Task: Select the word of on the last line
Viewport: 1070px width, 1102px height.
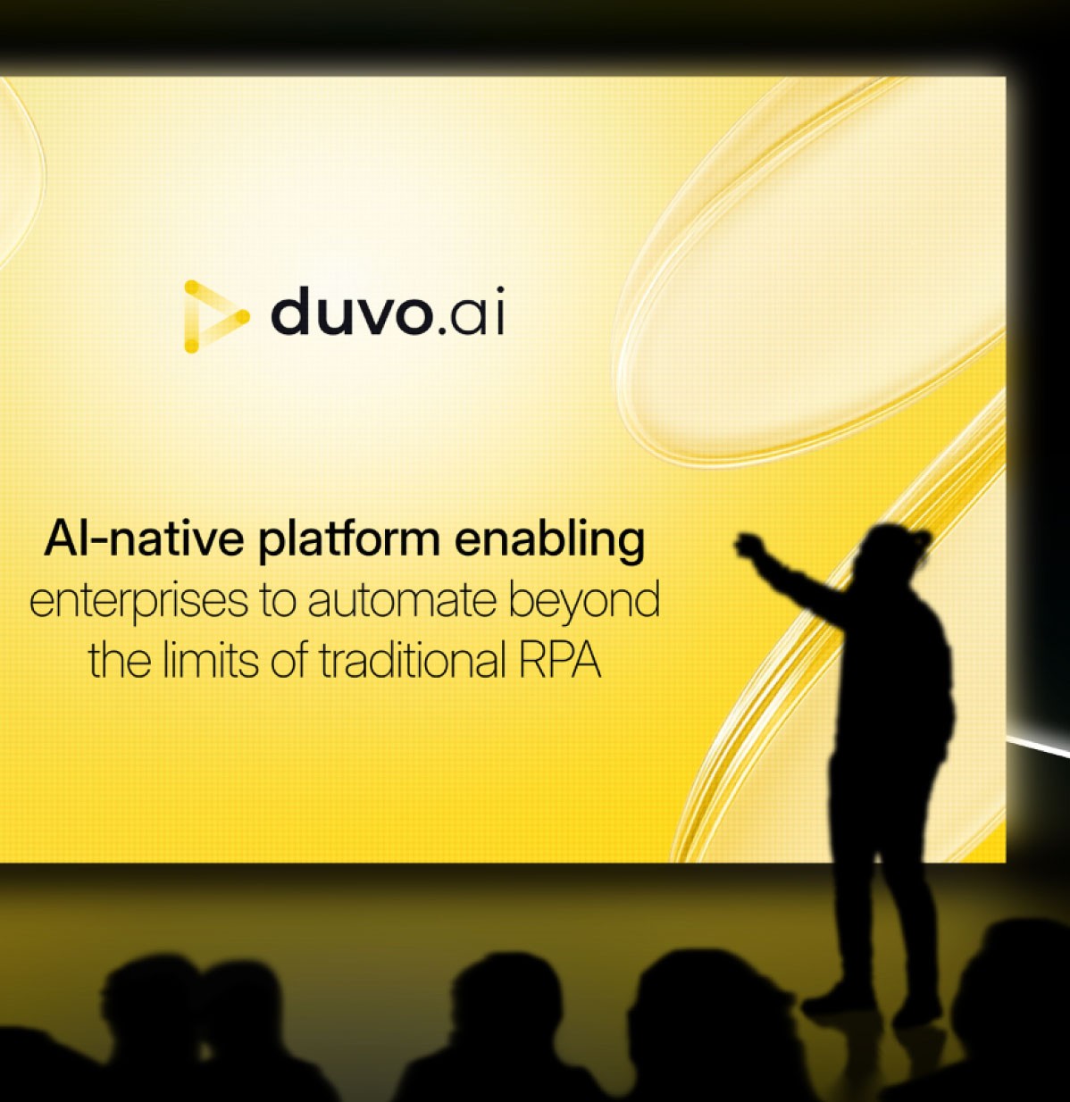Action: coord(290,662)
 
